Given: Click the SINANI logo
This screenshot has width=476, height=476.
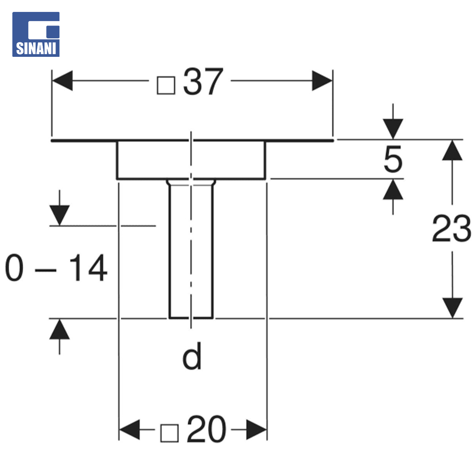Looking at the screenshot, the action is pos(36,34).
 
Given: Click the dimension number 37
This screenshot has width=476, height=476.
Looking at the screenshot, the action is pos(203,82).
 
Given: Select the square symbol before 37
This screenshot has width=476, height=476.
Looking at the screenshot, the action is pos(166,86).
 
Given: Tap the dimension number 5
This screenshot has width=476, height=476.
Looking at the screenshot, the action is pos(393,159).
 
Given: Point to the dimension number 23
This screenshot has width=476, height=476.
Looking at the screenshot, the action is pos(451,228).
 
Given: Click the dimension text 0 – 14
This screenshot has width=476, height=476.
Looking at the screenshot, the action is pos(56,268).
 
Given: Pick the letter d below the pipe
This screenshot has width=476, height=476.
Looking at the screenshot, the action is pos(192,356).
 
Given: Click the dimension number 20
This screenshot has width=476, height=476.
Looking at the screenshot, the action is pos(206,429).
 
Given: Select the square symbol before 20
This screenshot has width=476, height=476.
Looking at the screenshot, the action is pos(169,433).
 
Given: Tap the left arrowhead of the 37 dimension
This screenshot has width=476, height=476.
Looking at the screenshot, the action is pos(63,81).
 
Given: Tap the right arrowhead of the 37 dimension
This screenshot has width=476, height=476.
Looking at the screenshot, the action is pos(322,81).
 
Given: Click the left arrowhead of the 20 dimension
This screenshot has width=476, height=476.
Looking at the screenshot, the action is pos(130,430).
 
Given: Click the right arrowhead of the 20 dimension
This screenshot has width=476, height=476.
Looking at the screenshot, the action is pos(257,430).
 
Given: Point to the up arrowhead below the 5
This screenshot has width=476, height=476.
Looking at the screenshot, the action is pos(393,190).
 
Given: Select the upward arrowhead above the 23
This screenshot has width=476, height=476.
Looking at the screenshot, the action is pos(452,150).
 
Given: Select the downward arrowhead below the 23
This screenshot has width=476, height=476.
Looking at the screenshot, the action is pos(452,308).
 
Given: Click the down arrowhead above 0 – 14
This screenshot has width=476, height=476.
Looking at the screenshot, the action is pos(59,216).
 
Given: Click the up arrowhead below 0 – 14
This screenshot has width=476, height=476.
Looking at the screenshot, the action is pos(59,329).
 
